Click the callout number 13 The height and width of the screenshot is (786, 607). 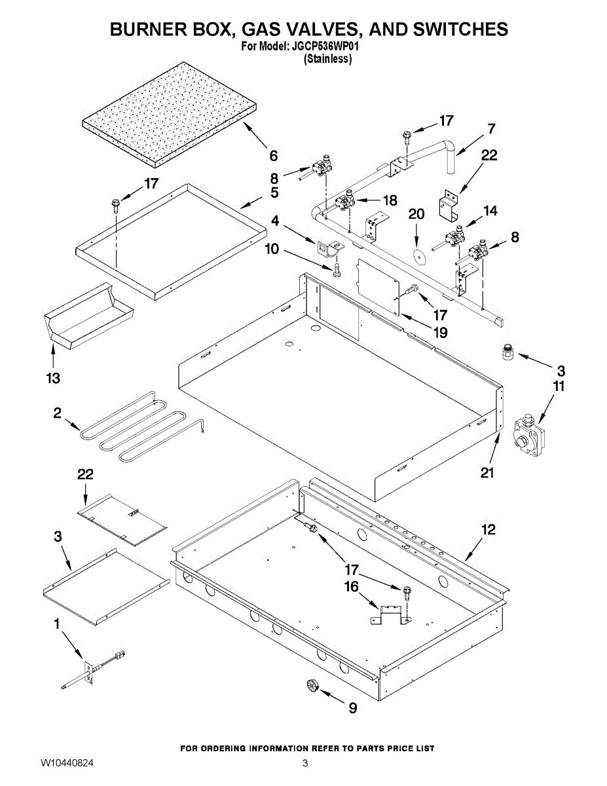coord(52,378)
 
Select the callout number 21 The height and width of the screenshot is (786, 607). coord(487,472)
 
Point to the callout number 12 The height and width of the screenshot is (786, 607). coord(488,530)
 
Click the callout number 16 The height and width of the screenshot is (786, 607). coord(352,586)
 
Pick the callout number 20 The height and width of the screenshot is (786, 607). coord(416,214)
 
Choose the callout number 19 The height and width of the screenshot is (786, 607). coord(440,333)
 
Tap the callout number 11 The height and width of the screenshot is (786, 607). coord(558,386)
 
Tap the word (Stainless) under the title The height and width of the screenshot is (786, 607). coord(328,59)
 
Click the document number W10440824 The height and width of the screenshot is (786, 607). coord(67,763)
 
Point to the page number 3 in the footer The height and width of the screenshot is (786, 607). coord(304,763)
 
